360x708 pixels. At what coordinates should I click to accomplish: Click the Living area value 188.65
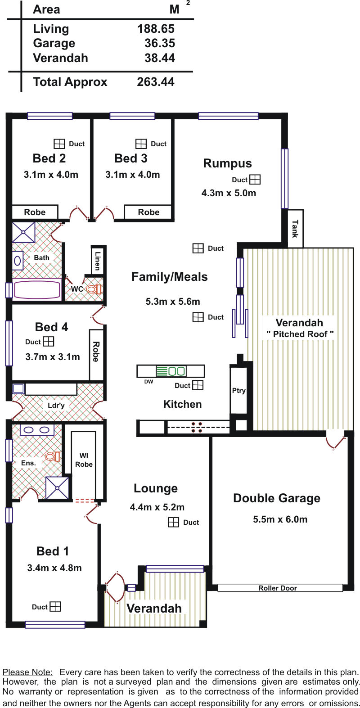coord(156,29)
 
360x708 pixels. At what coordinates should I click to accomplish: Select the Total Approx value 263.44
coord(156,82)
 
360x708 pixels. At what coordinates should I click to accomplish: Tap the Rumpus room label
coord(227,163)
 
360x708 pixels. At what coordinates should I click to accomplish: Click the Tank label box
coord(295,228)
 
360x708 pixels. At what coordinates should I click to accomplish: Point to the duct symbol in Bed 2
coord(59,144)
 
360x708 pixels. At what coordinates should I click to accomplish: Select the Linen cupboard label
coord(98,260)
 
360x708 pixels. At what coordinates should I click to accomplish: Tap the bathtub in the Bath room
coord(36,289)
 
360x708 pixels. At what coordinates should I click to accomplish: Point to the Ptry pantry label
coord(238,390)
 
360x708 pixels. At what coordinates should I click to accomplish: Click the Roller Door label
coord(278,588)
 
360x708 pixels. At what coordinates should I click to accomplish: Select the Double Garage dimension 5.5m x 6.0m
coord(280,519)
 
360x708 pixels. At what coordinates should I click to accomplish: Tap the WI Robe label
coord(84,460)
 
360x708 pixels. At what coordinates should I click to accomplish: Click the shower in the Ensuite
coord(58,488)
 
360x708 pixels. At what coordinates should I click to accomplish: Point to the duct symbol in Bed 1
coord(55,607)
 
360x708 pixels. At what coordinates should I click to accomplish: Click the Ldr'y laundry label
coord(56,406)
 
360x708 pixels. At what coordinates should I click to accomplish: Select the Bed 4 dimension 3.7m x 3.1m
coord(53,357)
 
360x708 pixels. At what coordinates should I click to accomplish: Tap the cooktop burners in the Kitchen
coord(197,427)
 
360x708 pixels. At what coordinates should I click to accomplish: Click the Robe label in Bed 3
coord(148,212)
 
